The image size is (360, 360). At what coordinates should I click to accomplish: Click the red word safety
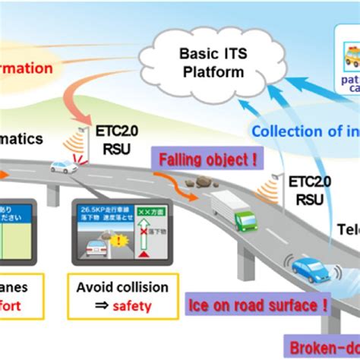(x=134, y=306)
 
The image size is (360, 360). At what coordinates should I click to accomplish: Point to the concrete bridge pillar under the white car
(x=53, y=194)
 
